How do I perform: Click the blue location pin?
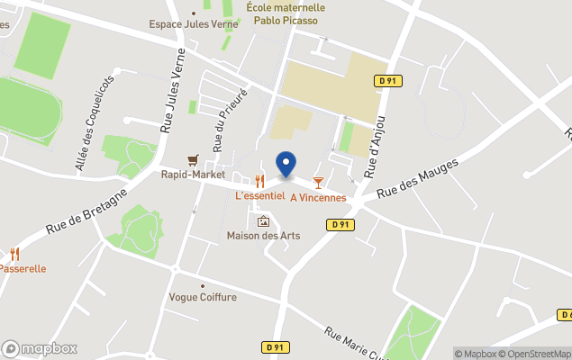coord(286,165)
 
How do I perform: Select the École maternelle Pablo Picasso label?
coord(285,13)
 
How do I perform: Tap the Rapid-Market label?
coord(193,175)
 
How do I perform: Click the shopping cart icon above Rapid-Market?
coord(192,159)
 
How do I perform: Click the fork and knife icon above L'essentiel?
coord(259,181)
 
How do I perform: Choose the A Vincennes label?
coord(318,197)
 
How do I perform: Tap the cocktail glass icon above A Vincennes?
coord(318,183)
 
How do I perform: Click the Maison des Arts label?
coord(263,236)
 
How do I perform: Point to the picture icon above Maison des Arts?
coord(263,221)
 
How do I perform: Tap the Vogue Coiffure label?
coord(203,297)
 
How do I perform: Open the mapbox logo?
coord(40,348)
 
